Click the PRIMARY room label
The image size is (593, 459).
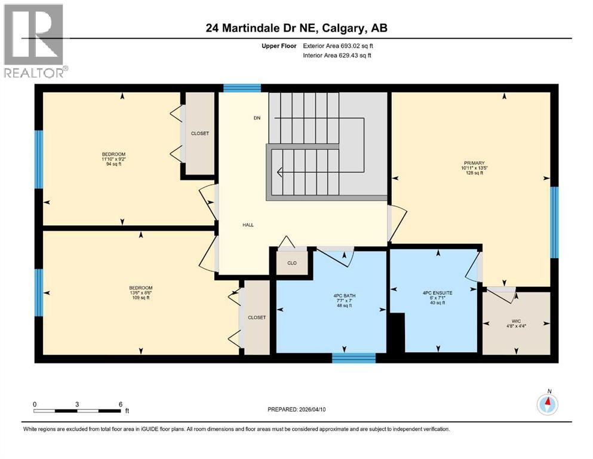474,162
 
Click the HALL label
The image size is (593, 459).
248,225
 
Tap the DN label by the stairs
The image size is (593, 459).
257,118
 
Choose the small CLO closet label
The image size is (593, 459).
291,263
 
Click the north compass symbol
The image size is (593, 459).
547,405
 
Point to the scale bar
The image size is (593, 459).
78,411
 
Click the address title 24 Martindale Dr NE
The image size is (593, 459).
296,28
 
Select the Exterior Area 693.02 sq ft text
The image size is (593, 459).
340,45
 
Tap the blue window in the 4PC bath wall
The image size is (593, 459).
354,358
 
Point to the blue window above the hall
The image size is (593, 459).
242,88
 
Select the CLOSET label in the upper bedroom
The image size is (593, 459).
199,133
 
